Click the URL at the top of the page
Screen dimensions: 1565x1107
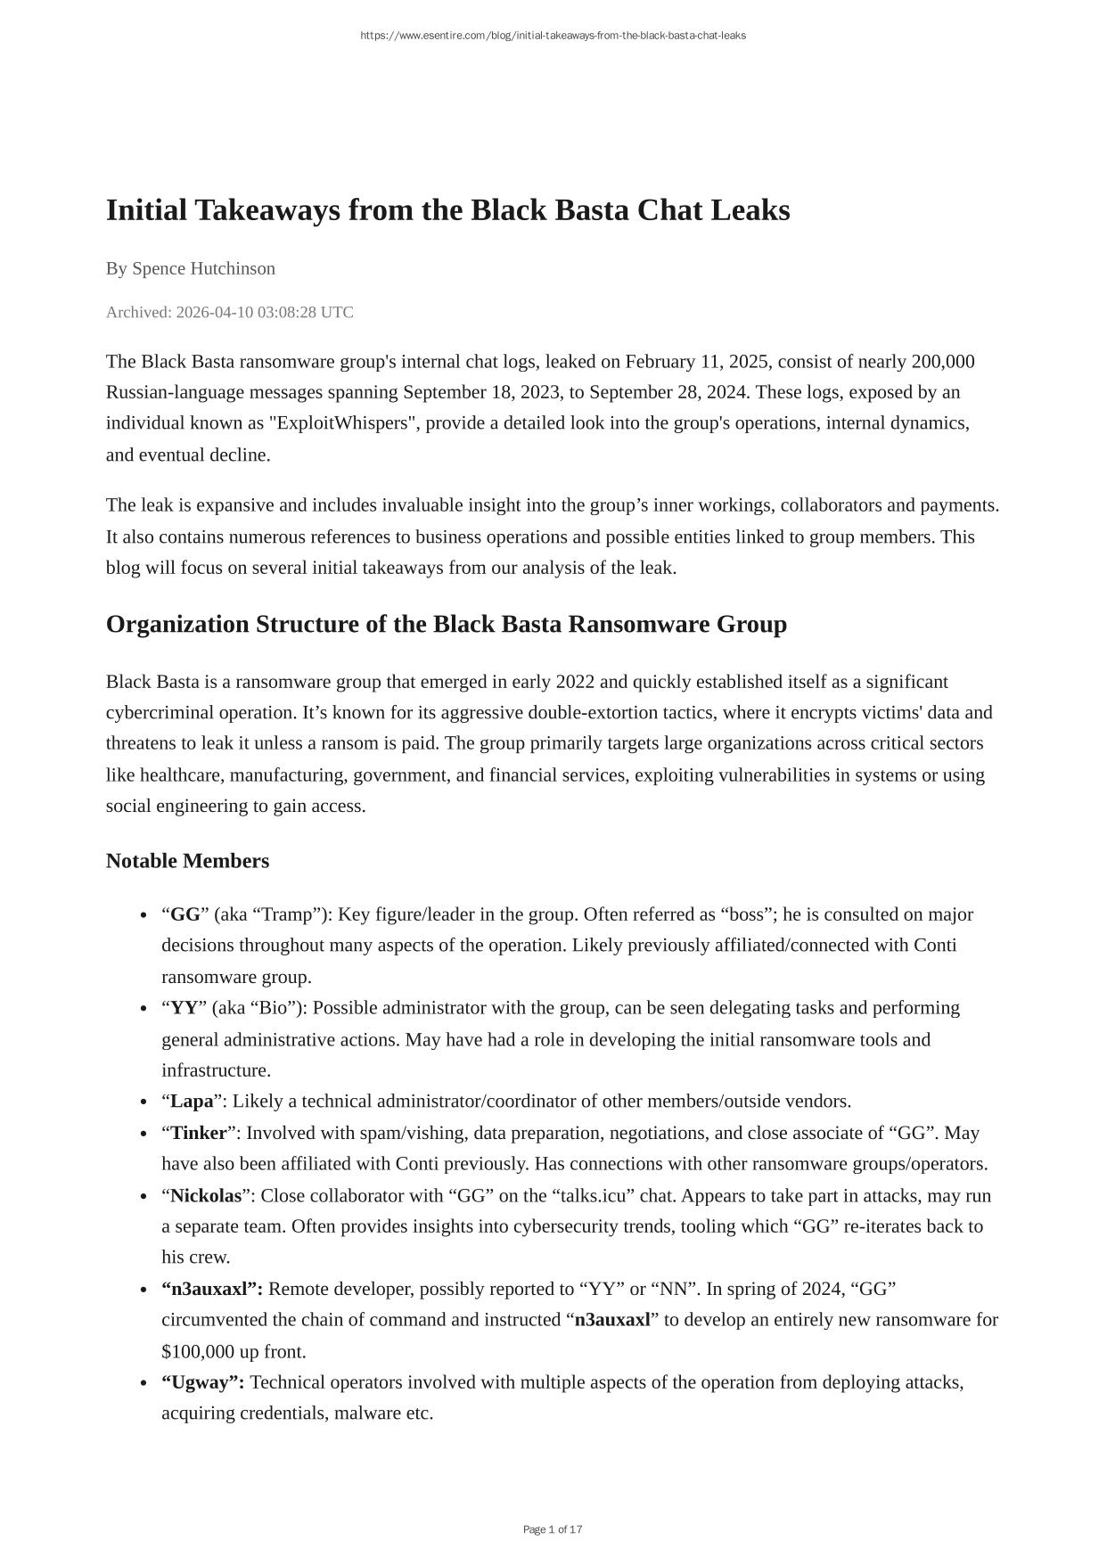coord(553,36)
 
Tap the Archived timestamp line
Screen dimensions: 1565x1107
coord(229,312)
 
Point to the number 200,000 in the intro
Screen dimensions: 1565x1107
coord(942,362)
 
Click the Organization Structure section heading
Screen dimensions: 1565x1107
coord(446,625)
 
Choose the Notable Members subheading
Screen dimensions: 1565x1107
coord(187,861)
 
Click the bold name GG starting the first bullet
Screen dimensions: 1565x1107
coord(185,914)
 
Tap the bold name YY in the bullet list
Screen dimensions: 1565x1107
coord(184,1008)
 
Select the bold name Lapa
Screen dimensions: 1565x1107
coord(192,1102)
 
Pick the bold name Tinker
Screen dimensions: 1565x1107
coord(199,1133)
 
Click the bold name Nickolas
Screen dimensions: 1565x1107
coord(206,1195)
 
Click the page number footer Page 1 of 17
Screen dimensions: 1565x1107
coord(553,1529)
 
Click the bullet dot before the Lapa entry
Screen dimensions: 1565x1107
coord(143,1102)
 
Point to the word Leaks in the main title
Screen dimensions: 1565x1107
coord(751,211)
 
